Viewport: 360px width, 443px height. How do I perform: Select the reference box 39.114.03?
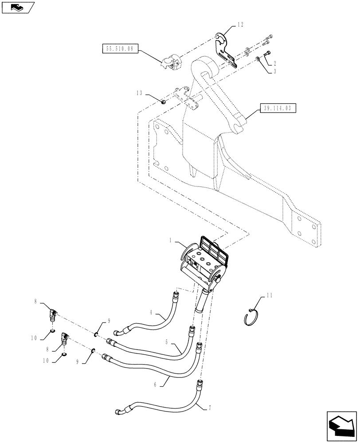pyautogui.click(x=278, y=108)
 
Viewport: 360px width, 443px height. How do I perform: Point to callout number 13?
pyautogui.click(x=141, y=93)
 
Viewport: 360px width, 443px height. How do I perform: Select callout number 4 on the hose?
pyautogui.click(x=151, y=313)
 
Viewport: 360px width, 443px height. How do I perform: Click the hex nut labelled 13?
pyautogui.click(x=163, y=102)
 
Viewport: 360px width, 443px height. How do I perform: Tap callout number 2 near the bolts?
pyautogui.click(x=275, y=64)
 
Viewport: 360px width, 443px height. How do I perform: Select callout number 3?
pyautogui.click(x=275, y=71)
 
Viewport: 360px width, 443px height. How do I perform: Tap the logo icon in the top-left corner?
pyautogui.click(x=17, y=7)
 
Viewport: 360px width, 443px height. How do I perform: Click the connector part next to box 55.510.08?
pyautogui.click(x=170, y=62)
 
